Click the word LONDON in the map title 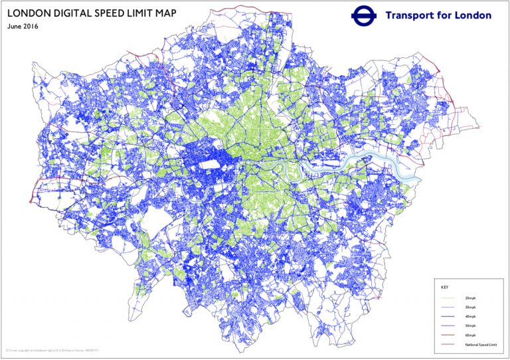[x=29, y=13]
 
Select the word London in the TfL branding [x=473, y=15]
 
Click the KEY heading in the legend [x=445, y=288]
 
